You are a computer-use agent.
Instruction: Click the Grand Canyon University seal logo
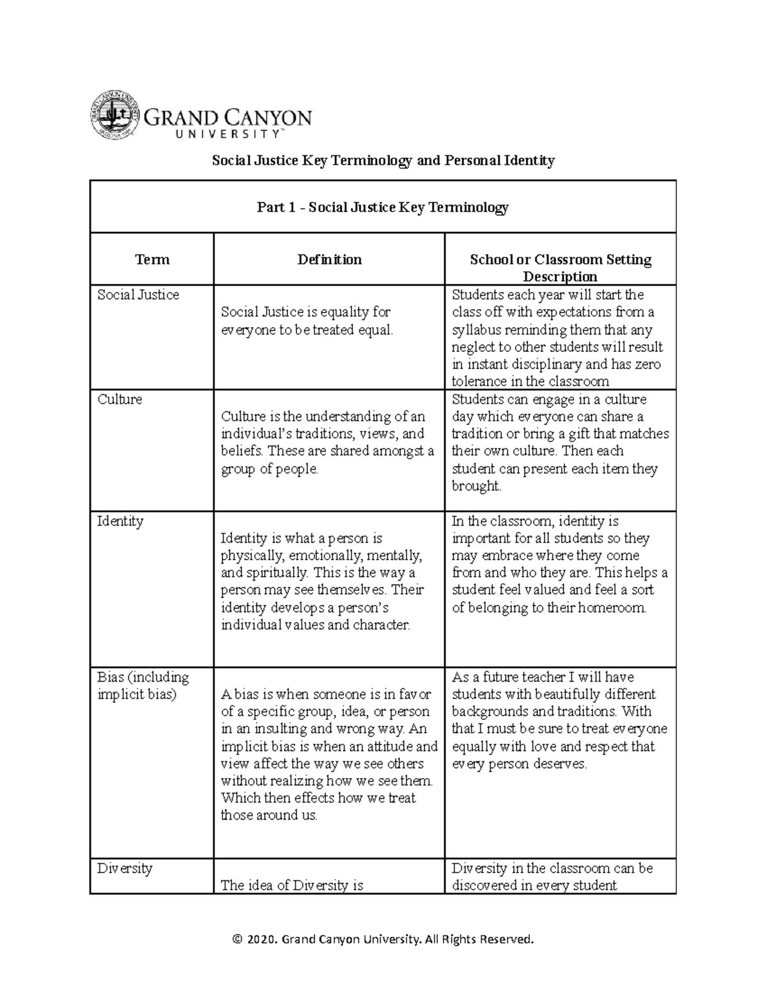pos(114,116)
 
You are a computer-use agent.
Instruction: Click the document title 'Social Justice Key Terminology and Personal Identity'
pos(383,160)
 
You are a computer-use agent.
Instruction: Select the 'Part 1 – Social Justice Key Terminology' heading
pos(383,207)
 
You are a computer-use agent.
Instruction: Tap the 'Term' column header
pos(152,259)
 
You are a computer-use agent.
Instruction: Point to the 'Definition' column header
pos(329,259)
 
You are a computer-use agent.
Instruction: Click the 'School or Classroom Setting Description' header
pos(560,268)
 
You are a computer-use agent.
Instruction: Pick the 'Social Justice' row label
pos(138,295)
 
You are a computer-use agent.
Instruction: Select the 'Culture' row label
pos(120,399)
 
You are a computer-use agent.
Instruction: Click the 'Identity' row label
pos(120,521)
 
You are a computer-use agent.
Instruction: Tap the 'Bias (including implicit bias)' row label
pos(143,685)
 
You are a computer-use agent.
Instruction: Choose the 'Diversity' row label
pos(125,868)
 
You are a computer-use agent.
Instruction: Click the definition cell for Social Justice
pos(306,321)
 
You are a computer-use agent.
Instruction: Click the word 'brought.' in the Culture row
pos(476,486)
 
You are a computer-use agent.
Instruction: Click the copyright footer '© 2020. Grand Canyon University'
pos(383,939)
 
